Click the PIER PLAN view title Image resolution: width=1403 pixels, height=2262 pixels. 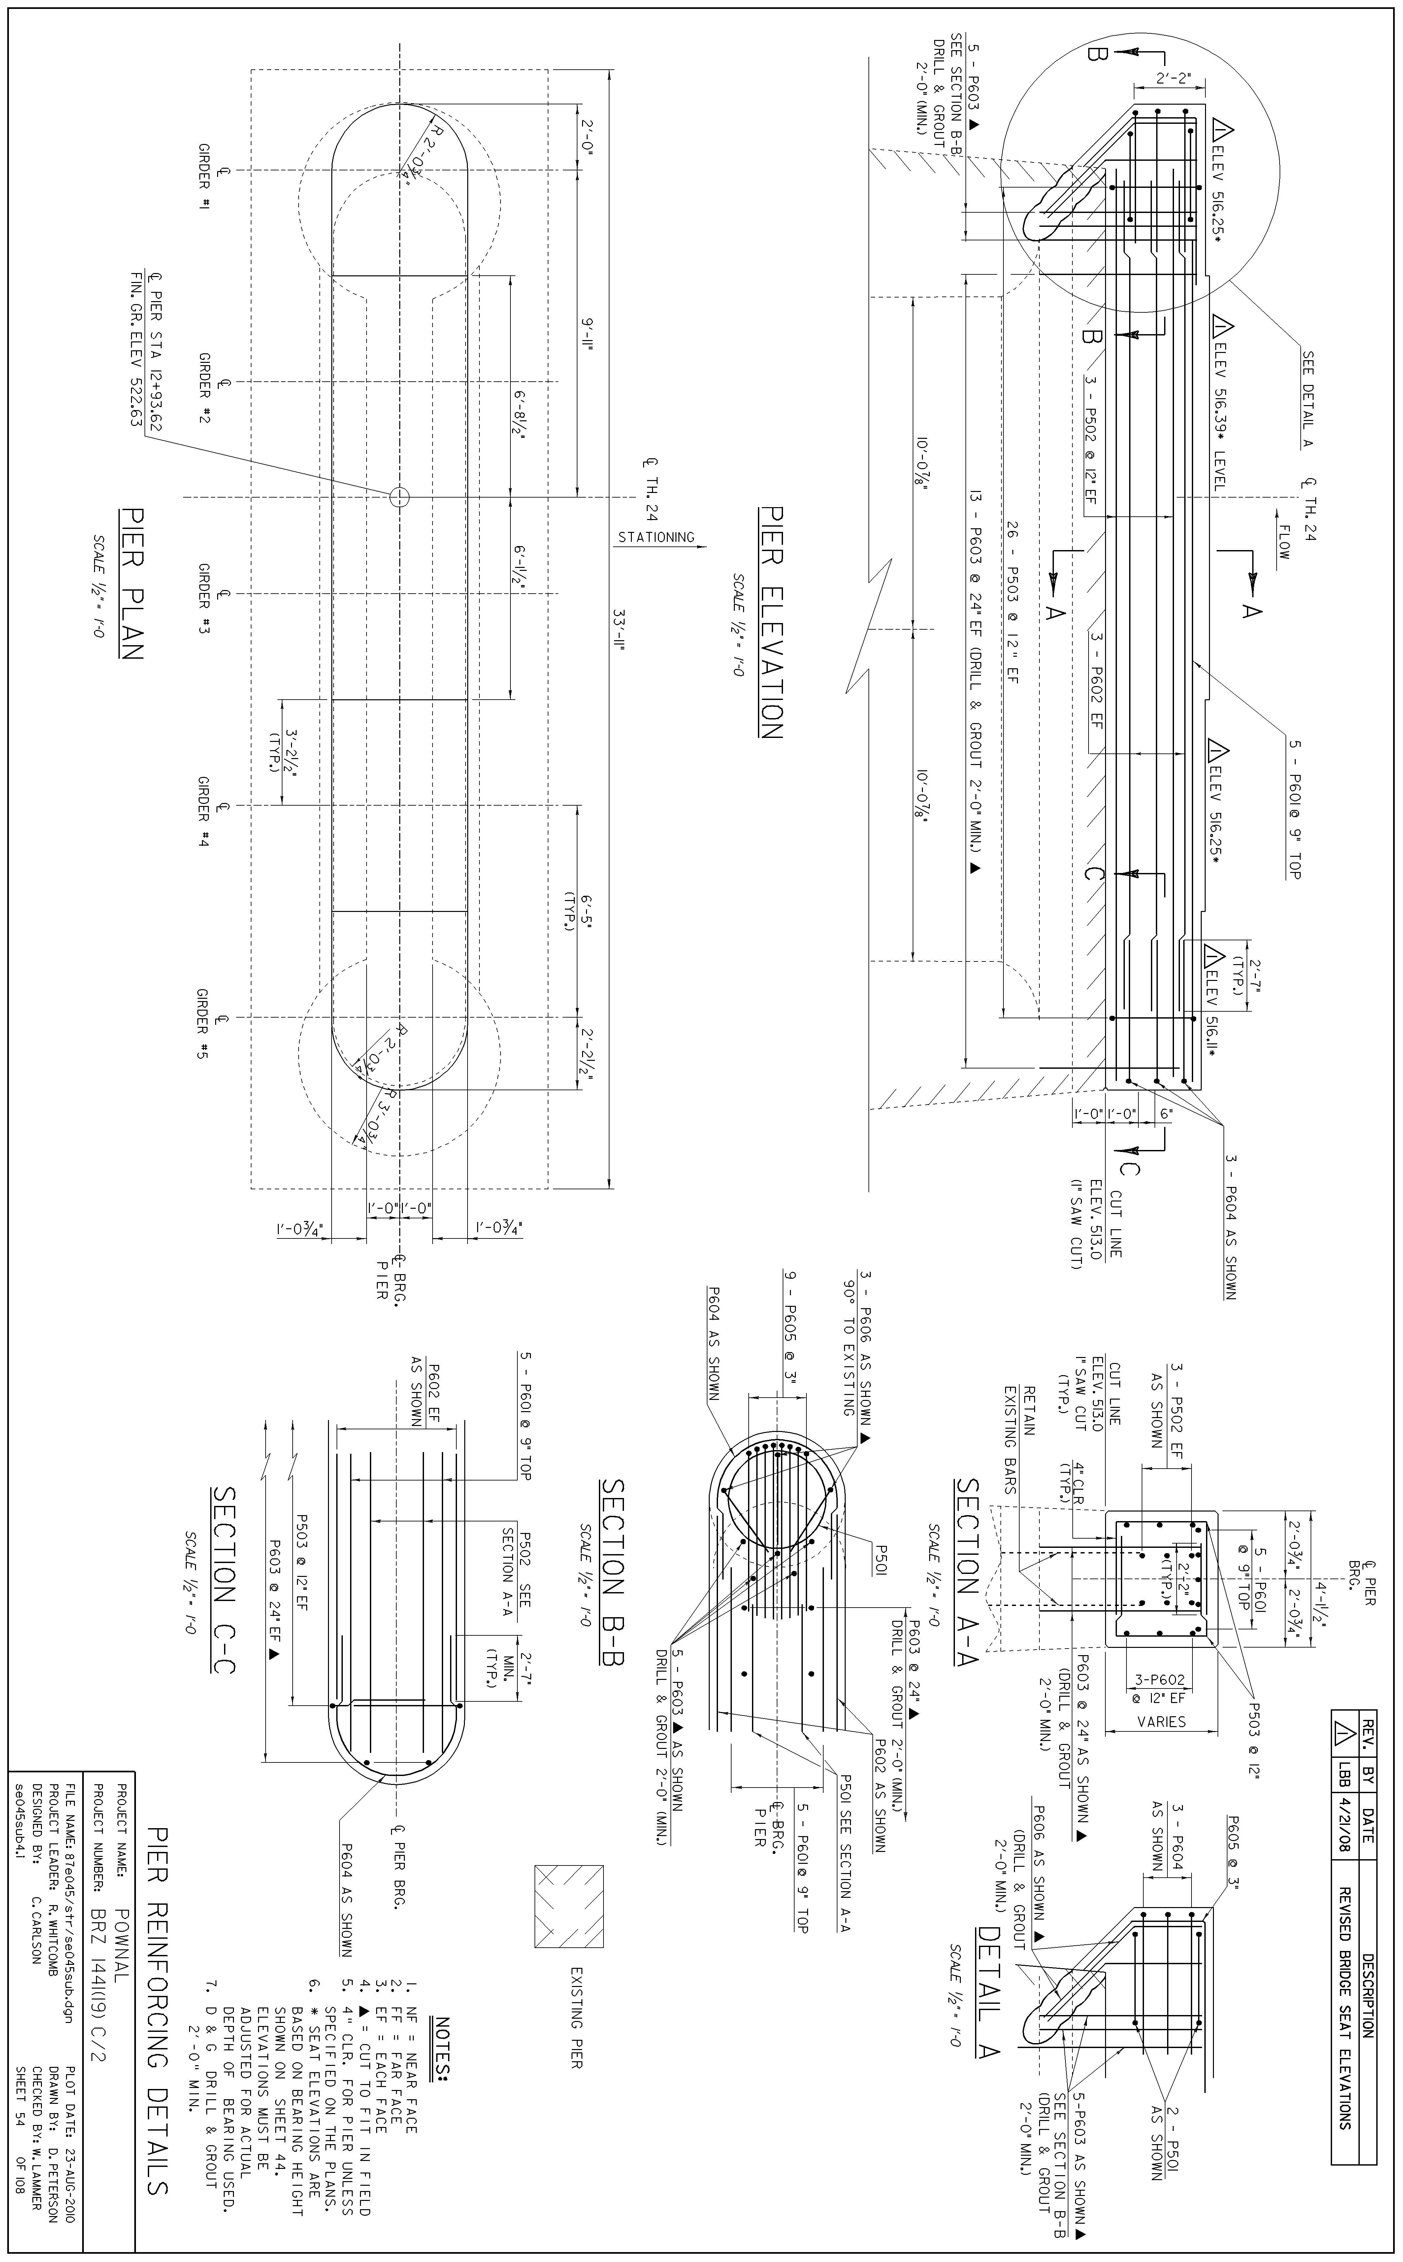(132, 583)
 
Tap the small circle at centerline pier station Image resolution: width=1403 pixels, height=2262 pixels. (399, 497)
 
